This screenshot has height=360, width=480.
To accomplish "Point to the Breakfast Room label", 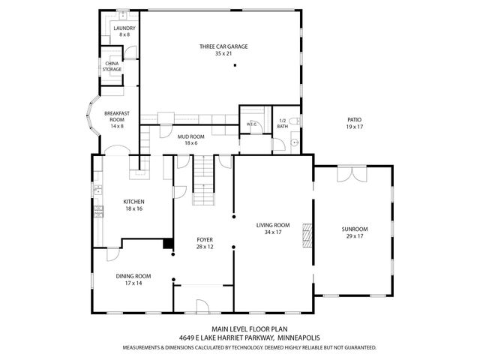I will coord(116,116).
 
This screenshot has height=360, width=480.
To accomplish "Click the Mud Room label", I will coord(188,136).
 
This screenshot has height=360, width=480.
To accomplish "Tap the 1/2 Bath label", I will coord(283,123).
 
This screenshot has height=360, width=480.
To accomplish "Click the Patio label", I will coord(354,120).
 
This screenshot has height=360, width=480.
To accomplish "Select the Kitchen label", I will coord(133,202).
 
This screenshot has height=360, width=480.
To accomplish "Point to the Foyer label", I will coord(205,239).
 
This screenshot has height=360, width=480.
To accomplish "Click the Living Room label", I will coord(272,225).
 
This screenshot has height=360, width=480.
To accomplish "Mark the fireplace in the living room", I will coord(304,235).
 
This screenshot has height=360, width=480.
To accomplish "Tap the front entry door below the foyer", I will coord(202,305).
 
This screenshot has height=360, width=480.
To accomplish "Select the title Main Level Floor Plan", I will coord(240,329).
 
